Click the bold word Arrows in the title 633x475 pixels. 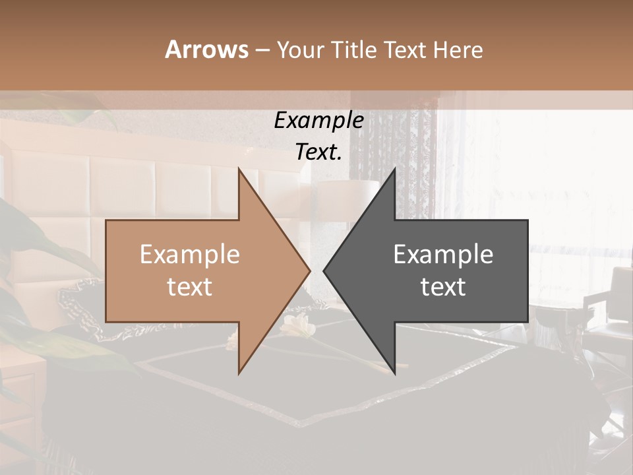206,49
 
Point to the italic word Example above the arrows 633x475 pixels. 318,120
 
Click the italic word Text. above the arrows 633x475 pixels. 318,152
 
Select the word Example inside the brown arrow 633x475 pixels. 189,255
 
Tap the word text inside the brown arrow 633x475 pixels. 189,286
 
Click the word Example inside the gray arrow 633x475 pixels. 443,255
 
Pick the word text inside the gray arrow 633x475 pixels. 443,286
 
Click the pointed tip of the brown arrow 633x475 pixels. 310,270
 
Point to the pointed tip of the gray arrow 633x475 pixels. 324,270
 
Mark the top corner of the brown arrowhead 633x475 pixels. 239,168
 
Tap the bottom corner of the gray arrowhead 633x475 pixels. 395,374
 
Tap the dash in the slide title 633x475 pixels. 262,50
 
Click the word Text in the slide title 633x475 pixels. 406,49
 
